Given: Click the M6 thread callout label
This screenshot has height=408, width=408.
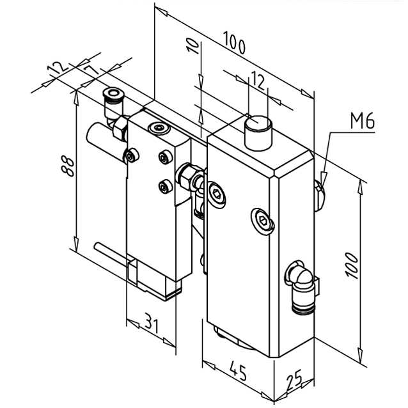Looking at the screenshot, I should click(x=362, y=121).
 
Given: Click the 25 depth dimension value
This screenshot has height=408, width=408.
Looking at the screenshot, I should click(x=294, y=382).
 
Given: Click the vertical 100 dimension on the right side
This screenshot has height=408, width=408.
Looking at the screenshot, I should click(x=351, y=263).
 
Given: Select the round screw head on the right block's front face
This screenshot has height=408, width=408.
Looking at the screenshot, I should click(x=263, y=221).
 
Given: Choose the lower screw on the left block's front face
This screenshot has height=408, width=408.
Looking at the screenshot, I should click(x=164, y=186).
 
